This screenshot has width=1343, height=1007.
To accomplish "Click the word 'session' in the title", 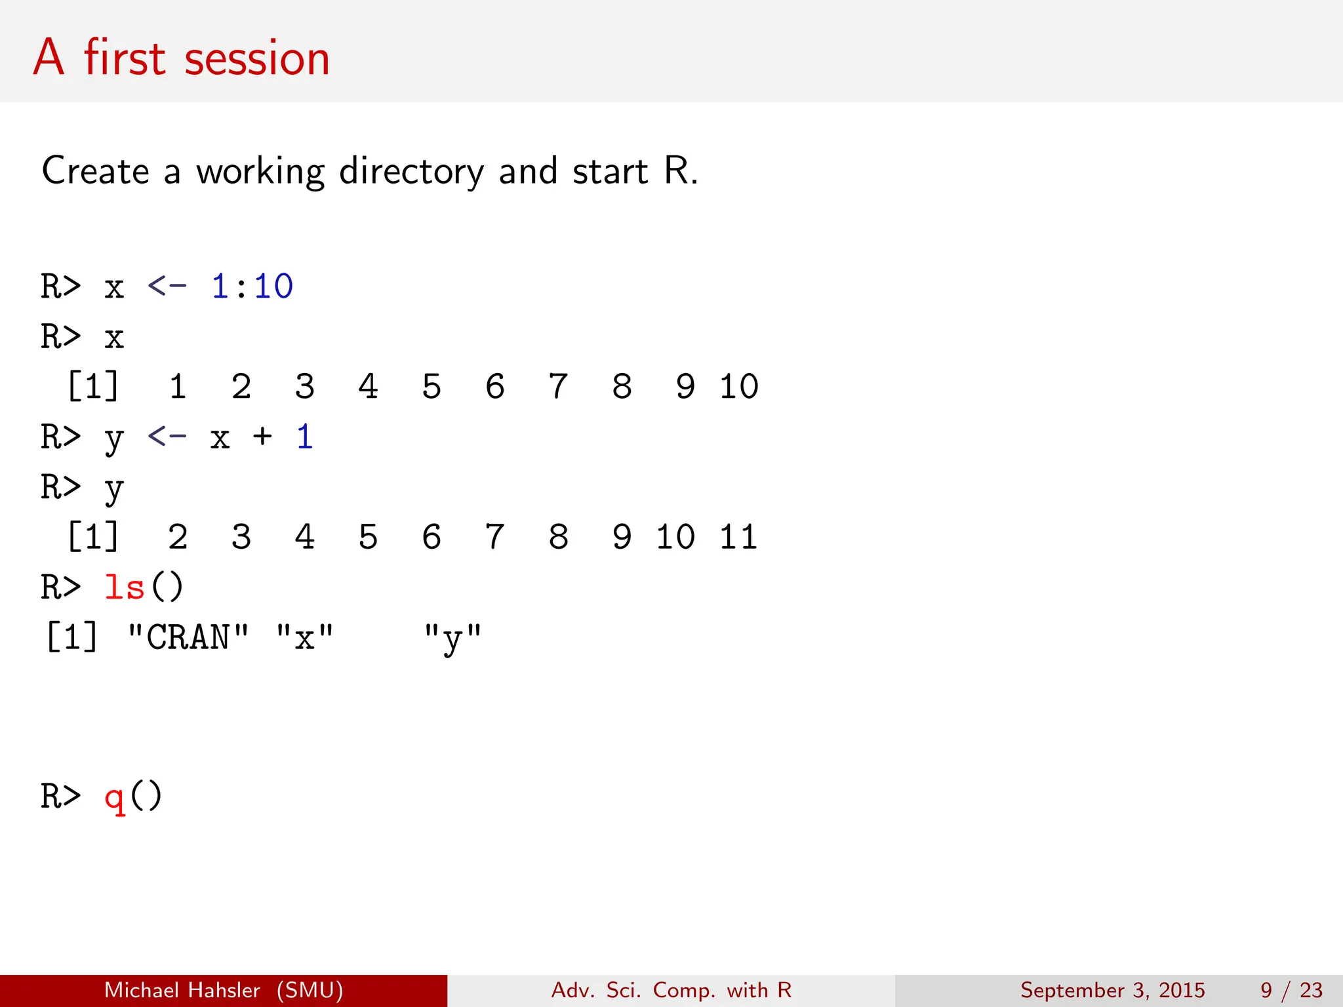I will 256,58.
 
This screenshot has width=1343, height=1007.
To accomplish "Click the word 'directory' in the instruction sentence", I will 411,172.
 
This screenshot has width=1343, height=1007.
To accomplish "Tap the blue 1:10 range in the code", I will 252,286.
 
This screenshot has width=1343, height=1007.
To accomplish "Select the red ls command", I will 125,587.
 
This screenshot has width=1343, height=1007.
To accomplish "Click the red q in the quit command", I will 114,797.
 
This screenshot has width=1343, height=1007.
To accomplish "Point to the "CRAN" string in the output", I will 188,637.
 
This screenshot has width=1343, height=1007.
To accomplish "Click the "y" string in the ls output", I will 452,637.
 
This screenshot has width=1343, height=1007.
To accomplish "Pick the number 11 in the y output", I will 738,537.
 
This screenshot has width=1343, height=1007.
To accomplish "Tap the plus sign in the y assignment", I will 262,436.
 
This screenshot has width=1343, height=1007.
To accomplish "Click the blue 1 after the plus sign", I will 304,436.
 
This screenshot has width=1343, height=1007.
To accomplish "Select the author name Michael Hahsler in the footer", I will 182,990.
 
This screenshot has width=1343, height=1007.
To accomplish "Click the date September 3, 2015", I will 1112,990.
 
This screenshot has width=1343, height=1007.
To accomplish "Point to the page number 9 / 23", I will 1291,990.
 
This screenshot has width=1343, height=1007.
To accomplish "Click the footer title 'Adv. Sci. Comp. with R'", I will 671,990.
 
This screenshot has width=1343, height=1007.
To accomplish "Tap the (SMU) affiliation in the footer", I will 310,990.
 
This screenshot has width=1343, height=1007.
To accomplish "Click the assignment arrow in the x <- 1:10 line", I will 167,286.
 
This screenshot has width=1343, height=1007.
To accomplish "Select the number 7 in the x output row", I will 558,386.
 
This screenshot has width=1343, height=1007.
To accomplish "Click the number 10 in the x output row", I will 738,386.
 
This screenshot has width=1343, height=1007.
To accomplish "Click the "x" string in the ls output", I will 304,637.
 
